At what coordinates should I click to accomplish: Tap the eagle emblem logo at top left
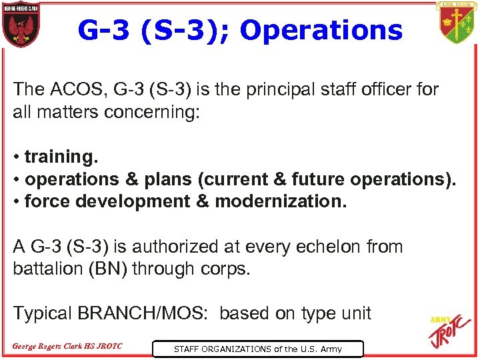[21, 25]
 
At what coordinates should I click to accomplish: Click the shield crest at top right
[457, 23]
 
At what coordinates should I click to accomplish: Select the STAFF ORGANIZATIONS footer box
[257, 349]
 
